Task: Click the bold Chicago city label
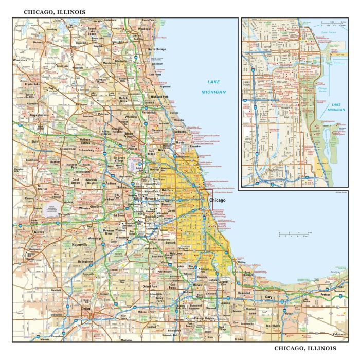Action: tap(217, 200)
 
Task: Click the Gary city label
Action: tap(268, 297)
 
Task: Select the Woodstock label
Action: tap(20, 61)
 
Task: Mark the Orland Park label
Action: tap(151, 286)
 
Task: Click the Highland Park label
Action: tap(159, 96)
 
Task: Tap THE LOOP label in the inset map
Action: tap(282, 82)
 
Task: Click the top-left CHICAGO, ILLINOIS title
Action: tap(55, 11)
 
